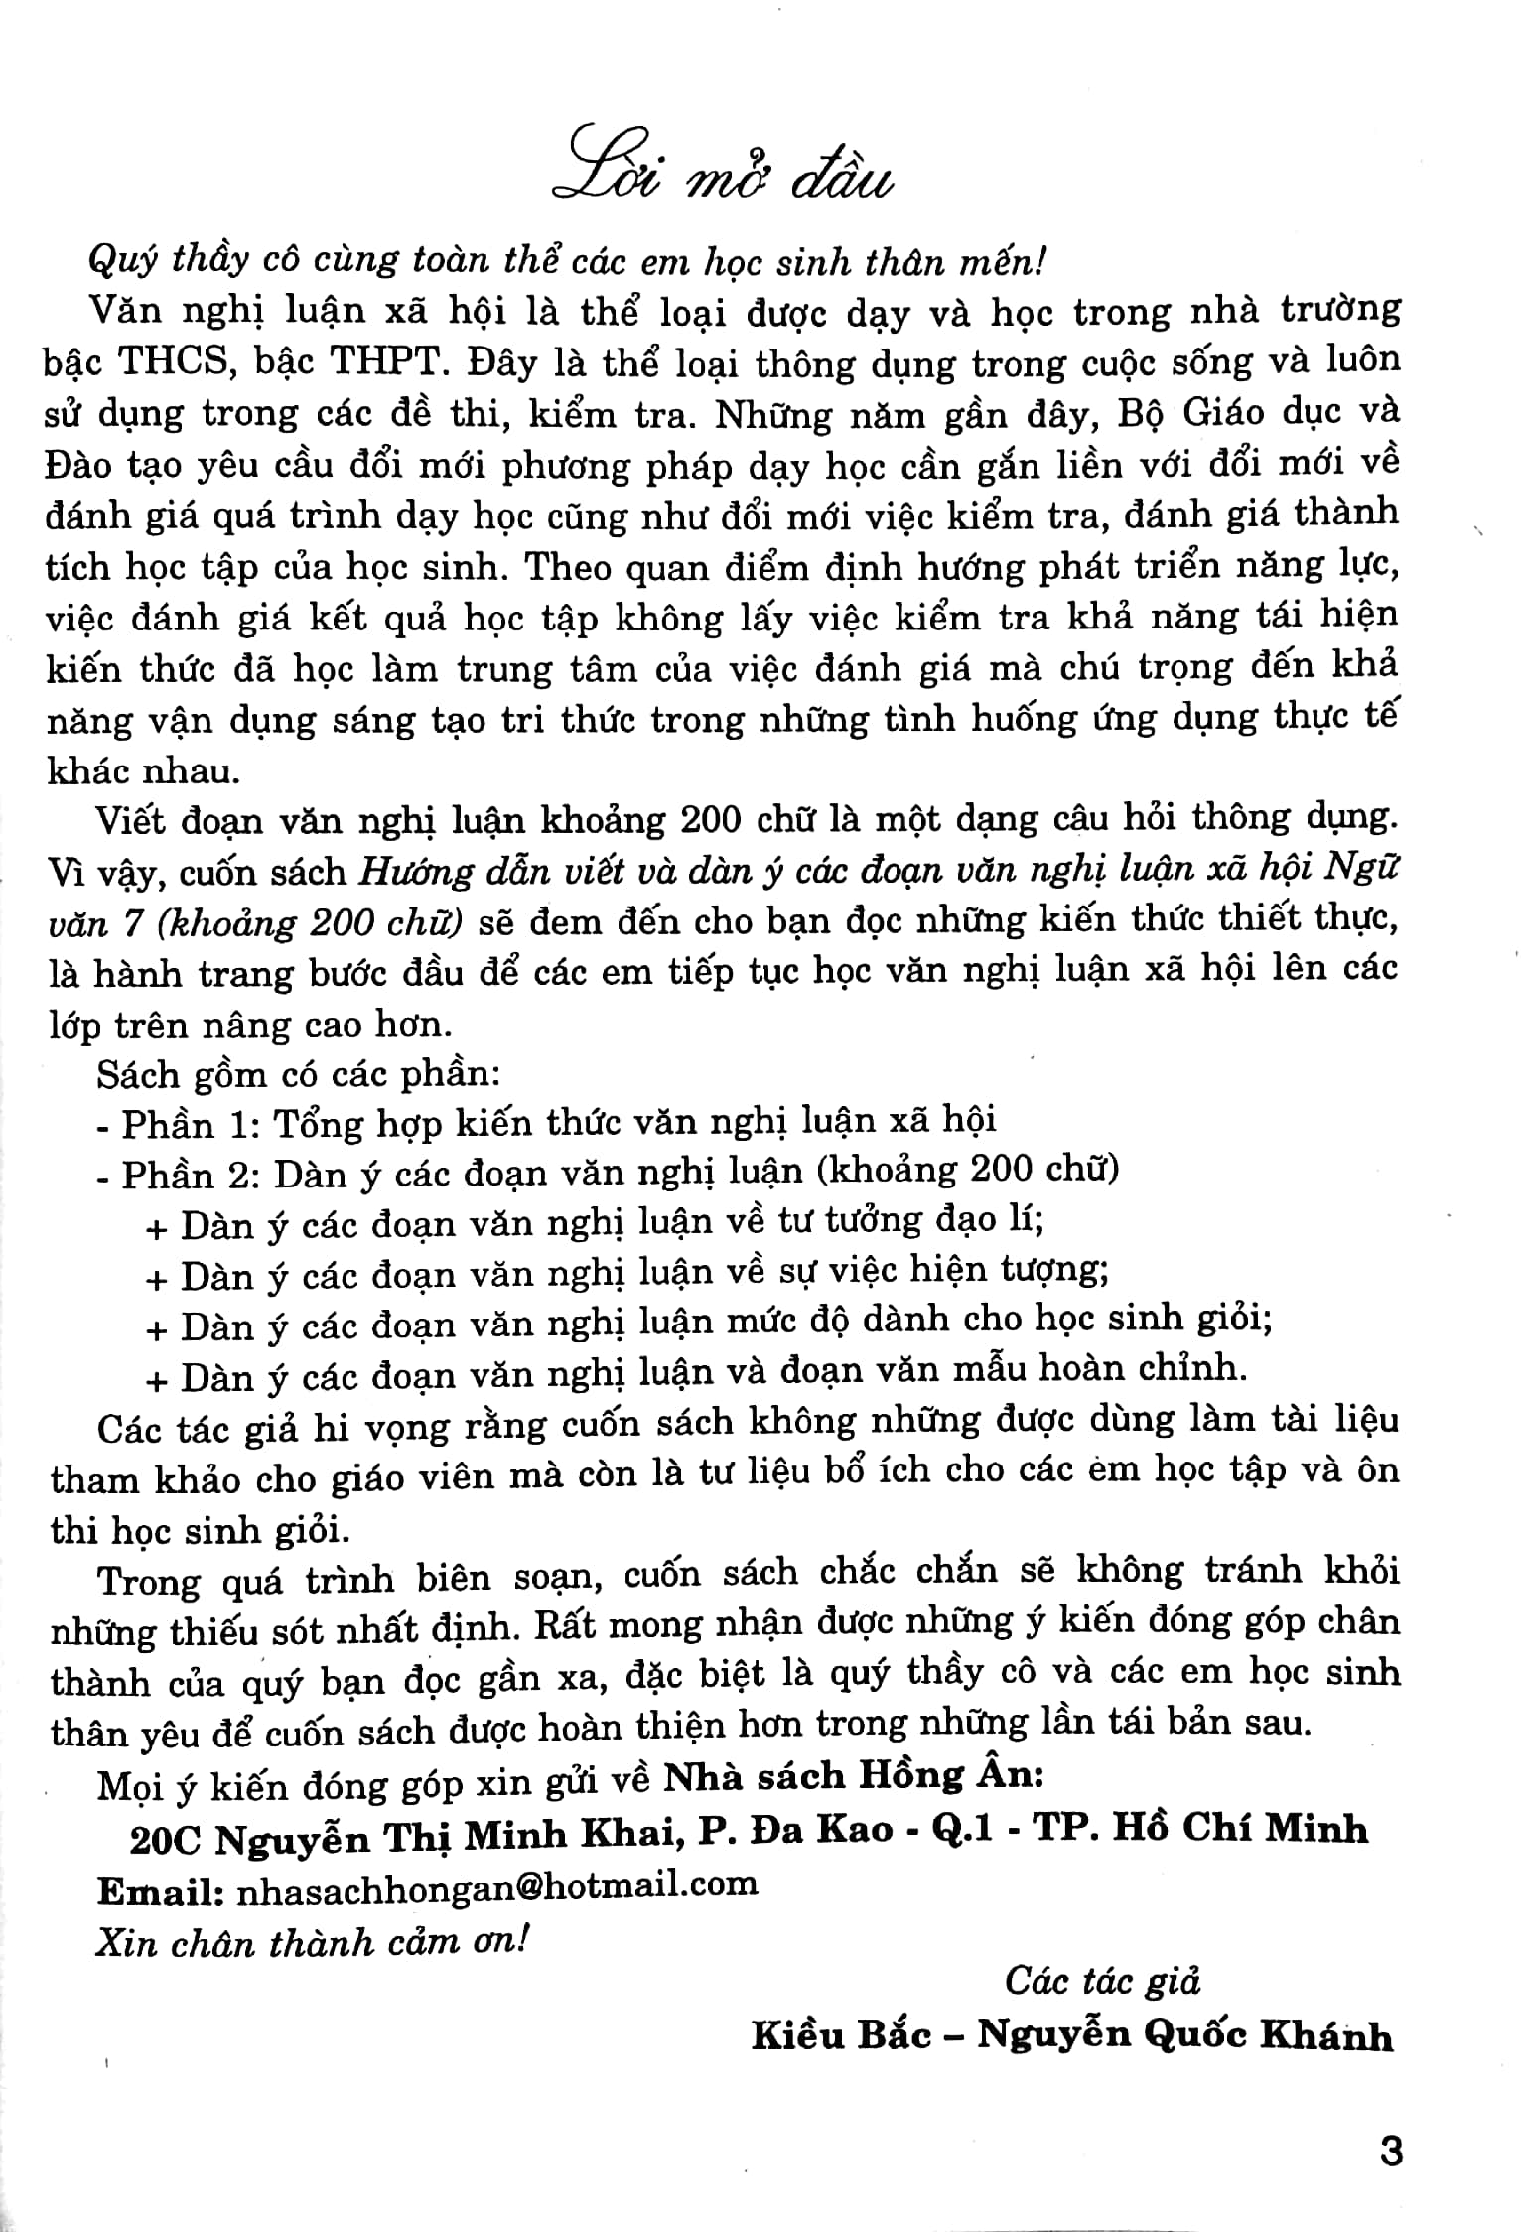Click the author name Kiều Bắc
pos(842,2035)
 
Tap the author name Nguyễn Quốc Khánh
pos(1185,2035)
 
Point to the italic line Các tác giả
pos(1102,1981)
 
